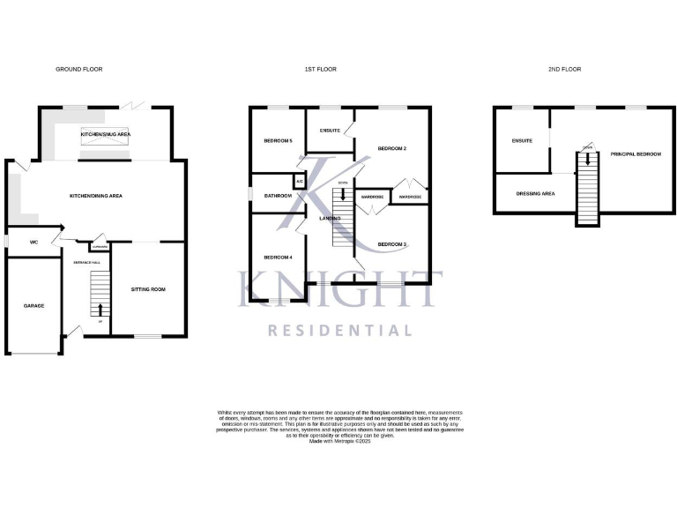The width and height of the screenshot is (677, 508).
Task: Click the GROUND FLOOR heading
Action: pyautogui.click(x=79, y=69)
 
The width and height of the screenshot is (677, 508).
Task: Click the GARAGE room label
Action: pyautogui.click(x=33, y=305)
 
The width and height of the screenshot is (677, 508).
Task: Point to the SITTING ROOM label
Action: pyautogui.click(x=148, y=289)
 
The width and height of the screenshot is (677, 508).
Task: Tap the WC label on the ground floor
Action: pyautogui.click(x=33, y=241)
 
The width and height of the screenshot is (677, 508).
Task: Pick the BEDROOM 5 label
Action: pyautogui.click(x=278, y=141)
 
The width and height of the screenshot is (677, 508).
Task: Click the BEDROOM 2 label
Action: pyautogui.click(x=391, y=148)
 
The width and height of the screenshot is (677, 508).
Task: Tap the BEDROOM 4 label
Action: pyautogui.click(x=277, y=257)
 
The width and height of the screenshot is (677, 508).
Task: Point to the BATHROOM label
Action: pyautogui.click(x=278, y=195)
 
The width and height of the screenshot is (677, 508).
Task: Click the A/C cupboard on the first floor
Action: pyautogui.click(x=300, y=183)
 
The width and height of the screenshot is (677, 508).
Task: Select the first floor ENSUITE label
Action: pyautogui.click(x=330, y=131)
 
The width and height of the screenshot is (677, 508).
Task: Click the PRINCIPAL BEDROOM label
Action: pyautogui.click(x=636, y=154)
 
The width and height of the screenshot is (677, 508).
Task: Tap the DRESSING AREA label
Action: pyautogui.click(x=535, y=192)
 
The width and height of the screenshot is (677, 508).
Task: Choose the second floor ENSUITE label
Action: pyautogui.click(x=521, y=140)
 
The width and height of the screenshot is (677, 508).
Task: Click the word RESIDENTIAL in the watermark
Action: pyautogui.click(x=339, y=331)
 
